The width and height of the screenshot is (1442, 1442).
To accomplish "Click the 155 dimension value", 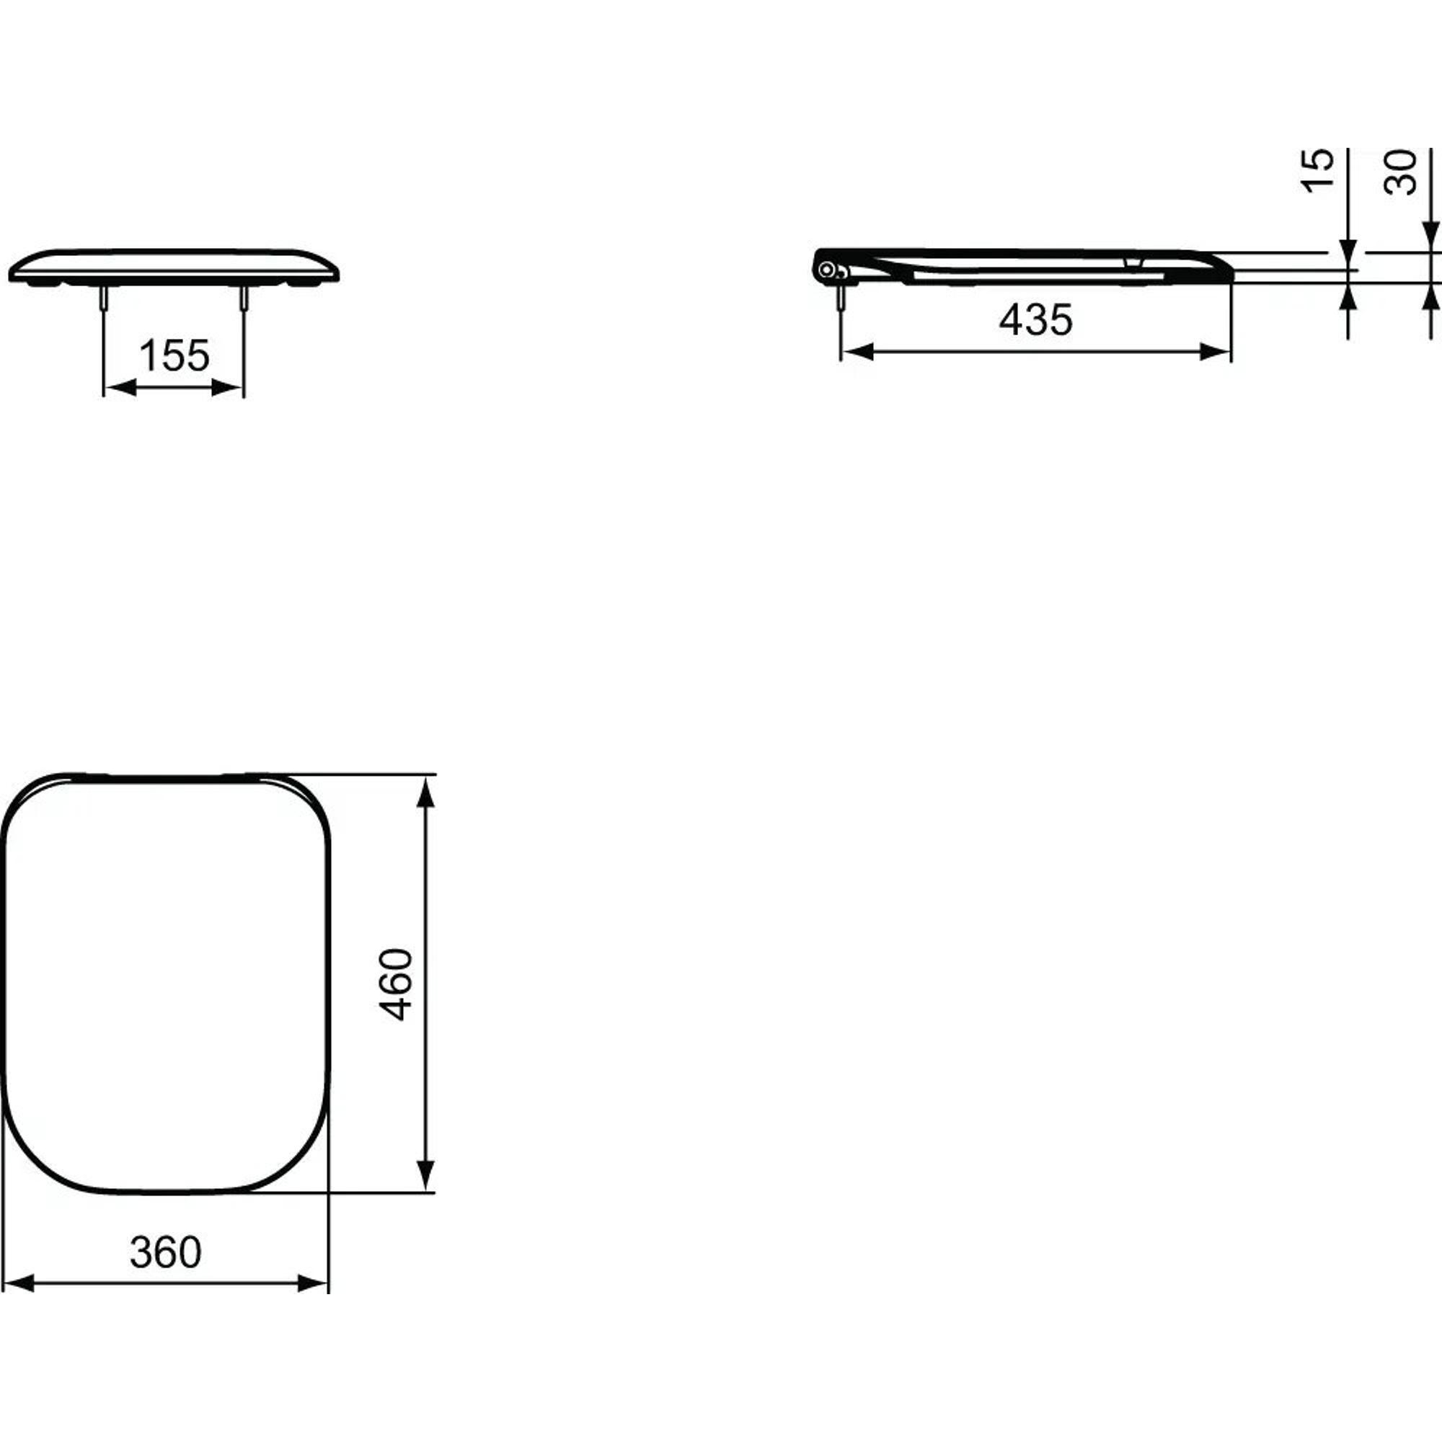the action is [174, 355].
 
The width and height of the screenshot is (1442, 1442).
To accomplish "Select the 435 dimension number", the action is [1036, 319].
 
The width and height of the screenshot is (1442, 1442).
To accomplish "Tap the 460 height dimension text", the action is [396, 984].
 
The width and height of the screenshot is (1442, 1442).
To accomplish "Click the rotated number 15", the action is [1318, 171].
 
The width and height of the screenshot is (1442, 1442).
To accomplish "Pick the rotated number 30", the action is [1400, 172].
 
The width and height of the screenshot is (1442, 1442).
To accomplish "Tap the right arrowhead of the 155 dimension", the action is [228, 387].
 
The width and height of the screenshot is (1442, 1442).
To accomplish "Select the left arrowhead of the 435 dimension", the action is [857, 352].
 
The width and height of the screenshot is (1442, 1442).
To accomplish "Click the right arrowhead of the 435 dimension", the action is [1214, 352].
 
